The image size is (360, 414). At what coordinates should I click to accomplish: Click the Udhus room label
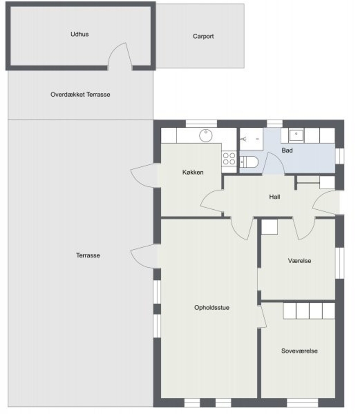point(79,34)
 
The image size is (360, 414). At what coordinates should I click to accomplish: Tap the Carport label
point(203,36)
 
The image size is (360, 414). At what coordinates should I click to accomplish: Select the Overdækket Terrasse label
point(80,94)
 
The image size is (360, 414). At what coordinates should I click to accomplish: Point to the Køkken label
point(193,172)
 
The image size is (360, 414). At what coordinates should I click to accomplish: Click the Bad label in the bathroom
point(287,150)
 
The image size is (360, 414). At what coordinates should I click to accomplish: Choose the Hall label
point(275,197)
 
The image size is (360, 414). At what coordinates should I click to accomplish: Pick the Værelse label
point(299,261)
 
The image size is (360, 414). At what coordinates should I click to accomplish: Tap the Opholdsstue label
point(212,307)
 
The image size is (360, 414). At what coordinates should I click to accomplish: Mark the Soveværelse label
point(299,351)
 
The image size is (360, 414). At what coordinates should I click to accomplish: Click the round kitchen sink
point(206,135)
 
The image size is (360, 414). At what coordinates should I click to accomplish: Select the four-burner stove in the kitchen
point(229,158)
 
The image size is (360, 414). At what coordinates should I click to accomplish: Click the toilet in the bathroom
point(248,162)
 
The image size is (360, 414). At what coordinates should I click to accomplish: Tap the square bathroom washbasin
point(296,135)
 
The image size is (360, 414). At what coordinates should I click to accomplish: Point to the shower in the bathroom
point(251,139)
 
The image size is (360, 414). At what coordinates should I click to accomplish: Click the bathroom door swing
point(273,163)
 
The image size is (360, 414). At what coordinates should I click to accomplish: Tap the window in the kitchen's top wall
point(201,123)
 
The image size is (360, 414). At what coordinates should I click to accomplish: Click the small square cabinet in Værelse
point(269,227)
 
